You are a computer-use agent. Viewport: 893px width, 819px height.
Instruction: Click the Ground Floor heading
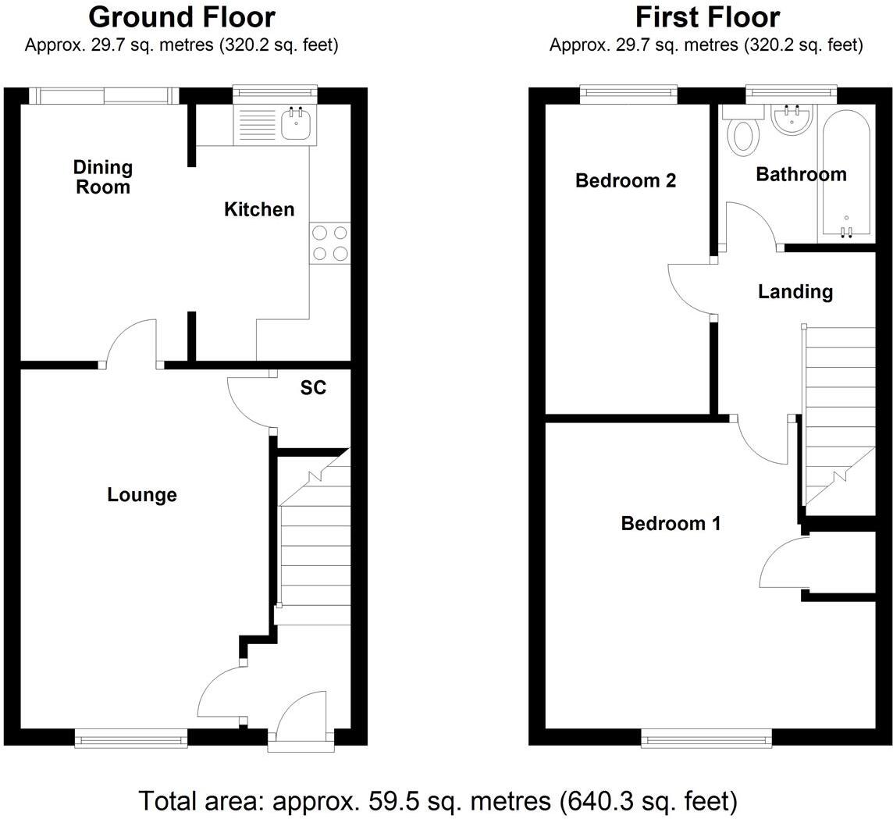coord(181,17)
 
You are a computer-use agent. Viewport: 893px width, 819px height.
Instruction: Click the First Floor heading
coord(706,17)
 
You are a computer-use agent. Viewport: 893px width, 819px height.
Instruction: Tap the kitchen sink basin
coord(296,124)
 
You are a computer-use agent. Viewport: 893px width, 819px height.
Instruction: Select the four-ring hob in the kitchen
coord(330,243)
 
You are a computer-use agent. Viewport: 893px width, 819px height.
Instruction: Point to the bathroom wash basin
coord(792,119)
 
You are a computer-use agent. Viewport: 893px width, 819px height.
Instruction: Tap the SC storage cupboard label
coord(313,388)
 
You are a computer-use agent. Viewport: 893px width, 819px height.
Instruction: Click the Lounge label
coord(142,494)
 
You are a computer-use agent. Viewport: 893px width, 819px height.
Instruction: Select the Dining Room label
coord(103,176)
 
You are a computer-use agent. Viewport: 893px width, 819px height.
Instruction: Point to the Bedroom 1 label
coord(670,523)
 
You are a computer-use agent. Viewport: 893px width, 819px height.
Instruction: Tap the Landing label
coord(795,292)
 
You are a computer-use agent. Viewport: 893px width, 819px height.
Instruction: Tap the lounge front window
coord(131,737)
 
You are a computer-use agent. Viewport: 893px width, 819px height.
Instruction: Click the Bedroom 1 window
coord(707,737)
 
